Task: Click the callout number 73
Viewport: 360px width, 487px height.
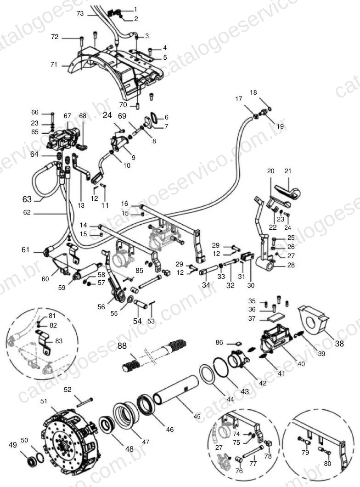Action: tap(80, 13)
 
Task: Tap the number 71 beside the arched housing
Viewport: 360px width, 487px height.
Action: tap(54, 64)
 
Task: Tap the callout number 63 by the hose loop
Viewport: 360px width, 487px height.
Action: tap(27, 199)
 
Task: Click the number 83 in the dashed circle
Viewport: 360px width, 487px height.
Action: tap(59, 341)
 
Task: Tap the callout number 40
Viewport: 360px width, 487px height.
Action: tap(301, 363)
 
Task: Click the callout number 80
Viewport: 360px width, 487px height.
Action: tap(327, 464)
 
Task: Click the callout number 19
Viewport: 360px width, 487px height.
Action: tap(280, 126)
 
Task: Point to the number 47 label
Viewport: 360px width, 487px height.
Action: tap(146, 442)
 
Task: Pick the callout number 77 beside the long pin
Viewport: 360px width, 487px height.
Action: tap(253, 464)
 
